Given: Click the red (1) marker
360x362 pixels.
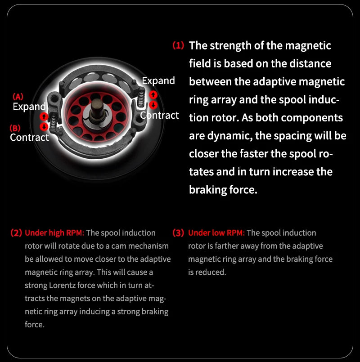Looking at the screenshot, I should (178, 45).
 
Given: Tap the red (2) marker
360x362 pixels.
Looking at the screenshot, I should (16, 233).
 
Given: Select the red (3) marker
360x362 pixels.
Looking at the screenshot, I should (179, 233).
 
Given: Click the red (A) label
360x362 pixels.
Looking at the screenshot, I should (18, 96).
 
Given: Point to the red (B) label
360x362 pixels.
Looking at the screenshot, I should (15, 128).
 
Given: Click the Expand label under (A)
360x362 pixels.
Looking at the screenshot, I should (29, 107).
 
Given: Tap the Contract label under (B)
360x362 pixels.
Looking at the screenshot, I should (29, 137).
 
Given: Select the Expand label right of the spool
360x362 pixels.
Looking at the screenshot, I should (158, 81).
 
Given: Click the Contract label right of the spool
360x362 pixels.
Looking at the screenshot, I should (160, 115).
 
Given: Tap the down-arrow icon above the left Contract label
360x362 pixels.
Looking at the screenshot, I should (44, 127).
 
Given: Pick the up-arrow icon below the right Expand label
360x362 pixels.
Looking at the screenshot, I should (153, 94).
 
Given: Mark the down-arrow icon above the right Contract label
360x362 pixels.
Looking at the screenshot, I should (153, 105).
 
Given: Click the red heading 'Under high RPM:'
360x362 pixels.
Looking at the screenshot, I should (54, 233).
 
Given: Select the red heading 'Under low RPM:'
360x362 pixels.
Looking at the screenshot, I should (216, 233).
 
